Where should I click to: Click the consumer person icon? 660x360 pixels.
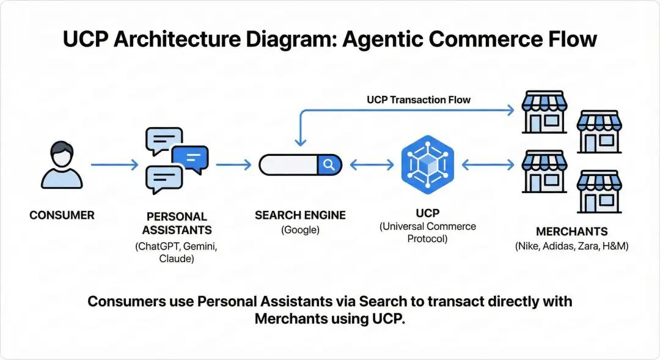62,165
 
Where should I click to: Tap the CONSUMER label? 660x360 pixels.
62,215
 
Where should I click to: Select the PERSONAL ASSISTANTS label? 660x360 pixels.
177,223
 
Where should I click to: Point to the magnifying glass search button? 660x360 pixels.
329,165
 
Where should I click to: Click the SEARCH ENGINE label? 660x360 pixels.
300,215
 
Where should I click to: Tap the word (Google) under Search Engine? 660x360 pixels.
300,230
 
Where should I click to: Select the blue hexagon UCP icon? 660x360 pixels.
427,162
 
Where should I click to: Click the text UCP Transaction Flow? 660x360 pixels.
419,100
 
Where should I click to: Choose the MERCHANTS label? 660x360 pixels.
571,232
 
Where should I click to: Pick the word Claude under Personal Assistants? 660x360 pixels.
177,259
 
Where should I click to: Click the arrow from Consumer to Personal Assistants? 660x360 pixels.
114,165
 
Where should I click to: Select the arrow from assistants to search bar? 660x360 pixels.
233,165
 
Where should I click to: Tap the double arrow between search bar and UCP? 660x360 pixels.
371,165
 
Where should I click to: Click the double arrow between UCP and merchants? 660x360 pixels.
487,165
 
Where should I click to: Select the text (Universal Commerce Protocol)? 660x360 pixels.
427,232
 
